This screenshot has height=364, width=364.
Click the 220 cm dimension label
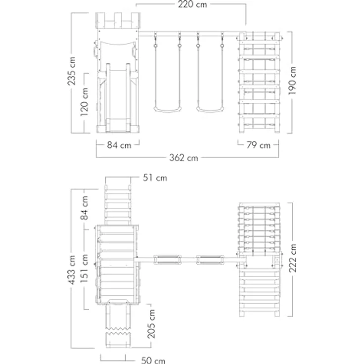coord(192,4)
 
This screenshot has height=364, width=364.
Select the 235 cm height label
coord(72,71)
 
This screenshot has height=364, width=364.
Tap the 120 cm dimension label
coord(84,102)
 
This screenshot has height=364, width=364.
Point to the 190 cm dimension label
coord(292,81)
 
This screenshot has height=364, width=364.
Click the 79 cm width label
coord(258,145)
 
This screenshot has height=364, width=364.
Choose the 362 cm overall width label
coord(183,158)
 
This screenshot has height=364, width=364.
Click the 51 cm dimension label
coord(155,178)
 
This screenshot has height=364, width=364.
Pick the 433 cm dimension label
coord(72,270)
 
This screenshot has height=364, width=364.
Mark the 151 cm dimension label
coord(84,269)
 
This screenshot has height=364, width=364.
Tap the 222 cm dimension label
coord(292,258)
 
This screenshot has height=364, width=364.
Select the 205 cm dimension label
coord(151,324)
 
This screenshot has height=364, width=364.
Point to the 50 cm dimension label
coord(153,360)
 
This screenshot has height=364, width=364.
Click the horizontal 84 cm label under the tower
coord(119,145)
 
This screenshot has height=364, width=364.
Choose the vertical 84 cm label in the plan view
coord(84,208)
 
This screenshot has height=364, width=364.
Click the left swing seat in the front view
coord(167,109)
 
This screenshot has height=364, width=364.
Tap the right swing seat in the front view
coord(210,109)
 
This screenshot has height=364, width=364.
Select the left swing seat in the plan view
coord(167,260)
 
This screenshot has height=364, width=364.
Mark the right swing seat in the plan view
coord(210,260)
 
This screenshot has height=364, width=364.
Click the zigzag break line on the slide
coord(118,331)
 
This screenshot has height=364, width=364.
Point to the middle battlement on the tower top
coord(118,20)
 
